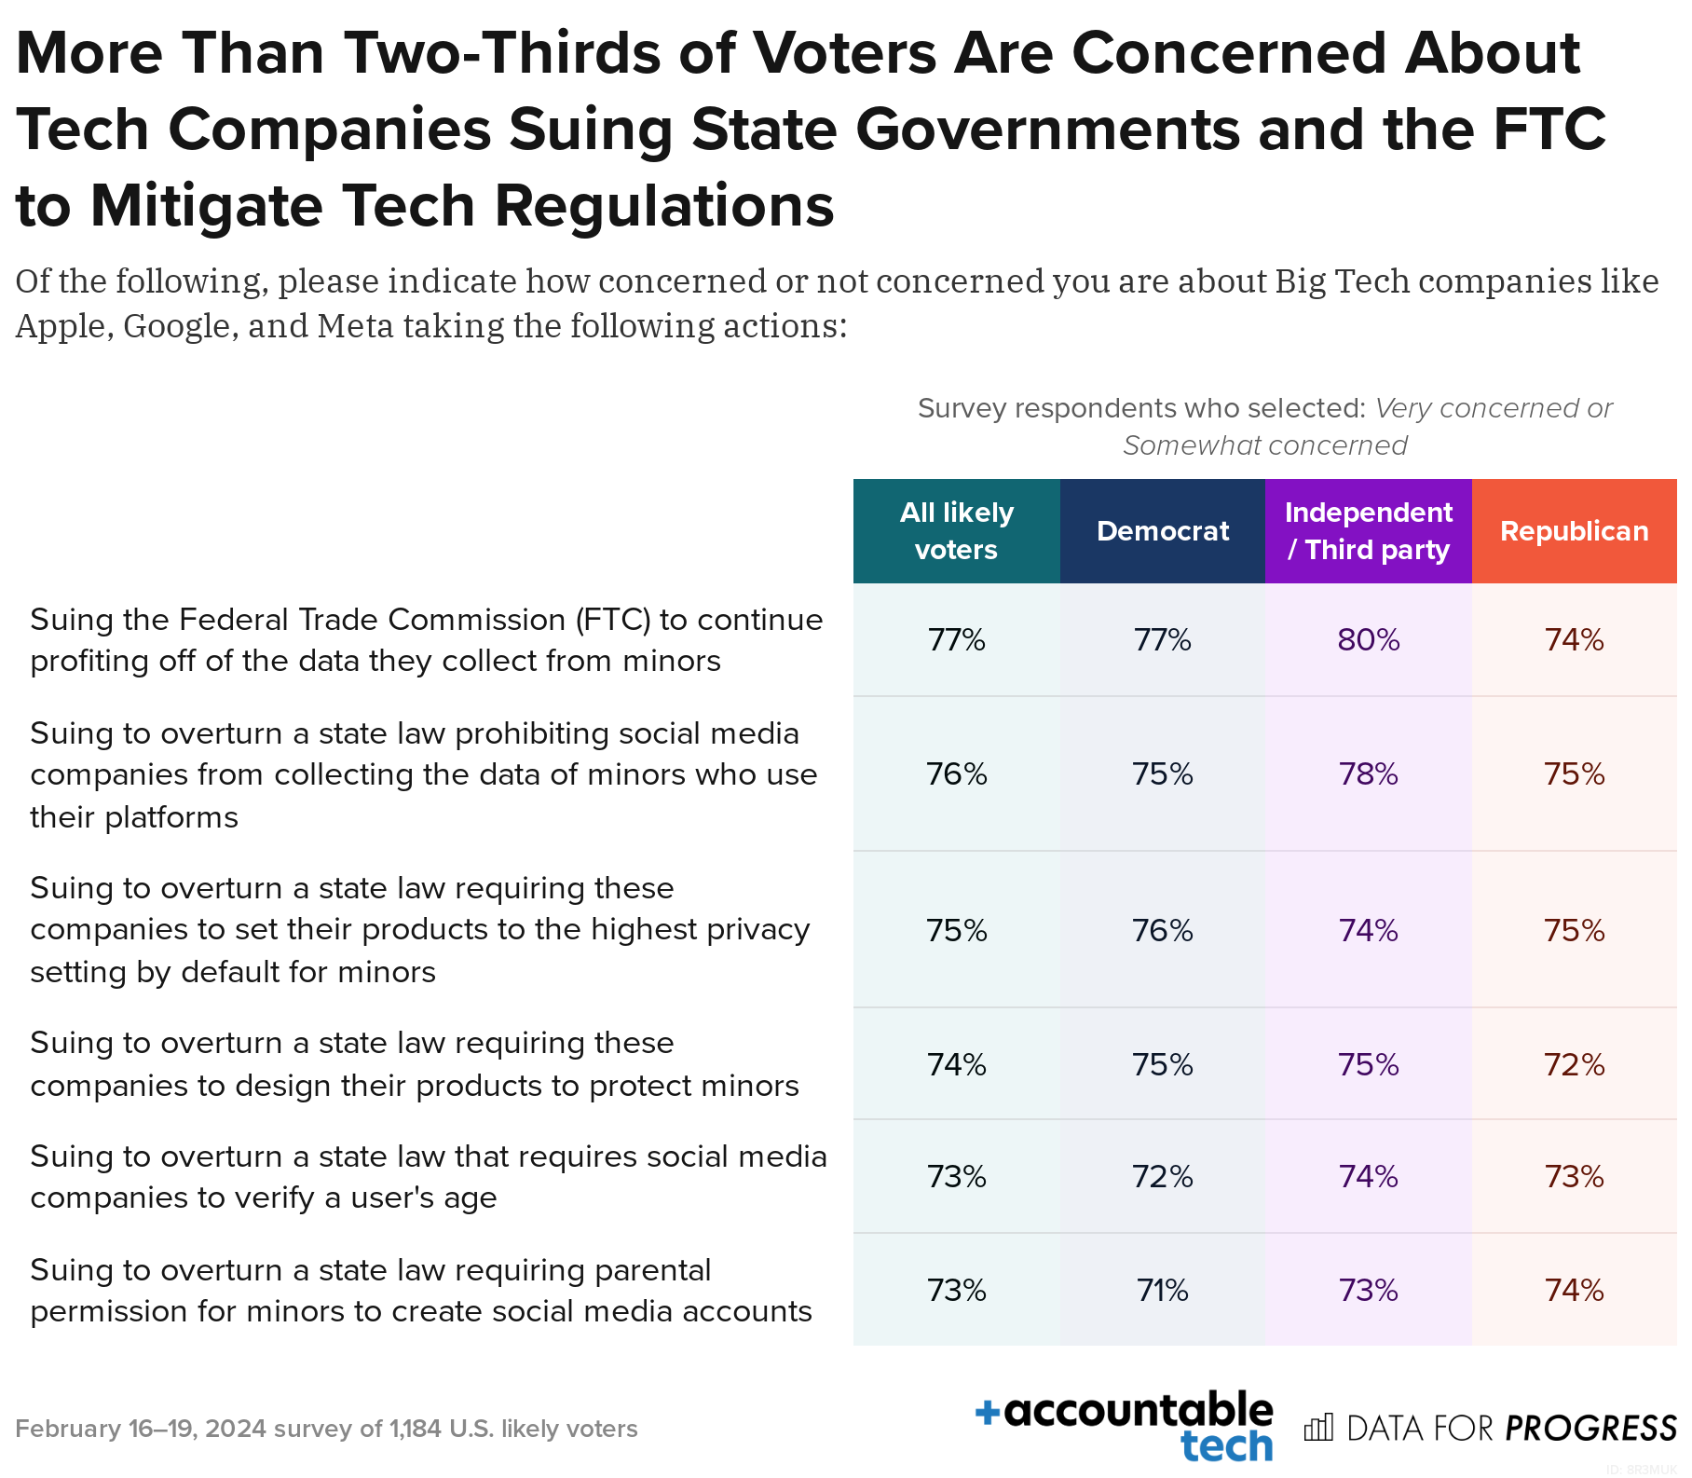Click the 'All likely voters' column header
[x=956, y=531]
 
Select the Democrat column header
[x=1162, y=531]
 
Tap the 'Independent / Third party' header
[x=1368, y=531]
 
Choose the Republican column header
[x=1574, y=531]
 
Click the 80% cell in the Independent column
[x=1368, y=640]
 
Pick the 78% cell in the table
[x=1368, y=774]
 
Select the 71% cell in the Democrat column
[x=1162, y=1291]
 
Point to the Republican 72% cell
[x=1574, y=1065]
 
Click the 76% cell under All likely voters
[x=956, y=774]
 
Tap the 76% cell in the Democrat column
[x=1162, y=931]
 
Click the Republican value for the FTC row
[x=1574, y=640]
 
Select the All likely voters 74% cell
[x=956, y=1065]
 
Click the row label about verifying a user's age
[x=428, y=1177]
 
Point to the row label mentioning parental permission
[x=420, y=1291]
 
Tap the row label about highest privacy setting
[x=419, y=930]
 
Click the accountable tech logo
[x=1125, y=1427]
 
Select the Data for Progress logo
[x=1489, y=1429]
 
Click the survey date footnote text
[x=326, y=1429]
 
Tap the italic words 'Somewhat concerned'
[x=1264, y=445]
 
